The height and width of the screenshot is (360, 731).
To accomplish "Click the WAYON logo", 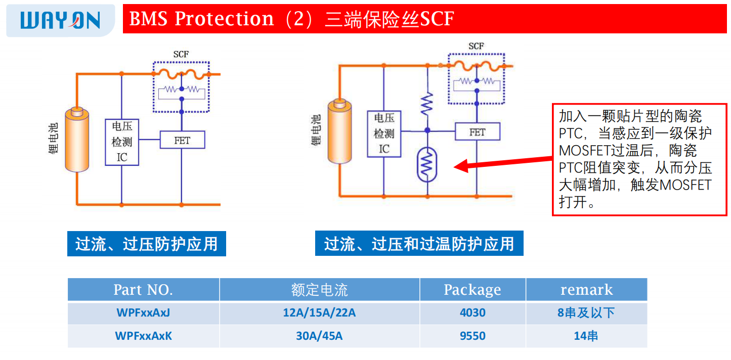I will (60, 20).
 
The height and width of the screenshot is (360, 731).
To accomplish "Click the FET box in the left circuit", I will (182, 140).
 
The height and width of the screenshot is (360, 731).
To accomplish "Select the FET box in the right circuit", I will (477, 132).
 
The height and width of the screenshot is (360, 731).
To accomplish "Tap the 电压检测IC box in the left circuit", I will (122, 142).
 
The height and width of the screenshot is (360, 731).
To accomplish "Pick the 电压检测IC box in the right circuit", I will (384, 134).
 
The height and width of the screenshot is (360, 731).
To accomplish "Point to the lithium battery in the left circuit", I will (77, 140).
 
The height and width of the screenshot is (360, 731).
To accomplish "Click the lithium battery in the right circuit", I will (339, 131).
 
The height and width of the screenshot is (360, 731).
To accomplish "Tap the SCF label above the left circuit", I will (181, 55).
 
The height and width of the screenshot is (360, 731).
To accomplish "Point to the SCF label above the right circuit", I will (476, 47).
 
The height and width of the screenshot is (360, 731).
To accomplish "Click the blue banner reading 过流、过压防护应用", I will (147, 244).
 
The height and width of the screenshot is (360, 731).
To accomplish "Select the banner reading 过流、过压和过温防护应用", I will (419, 244).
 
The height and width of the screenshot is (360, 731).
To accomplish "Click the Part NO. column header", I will (143, 290).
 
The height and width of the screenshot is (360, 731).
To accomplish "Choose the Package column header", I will (472, 290).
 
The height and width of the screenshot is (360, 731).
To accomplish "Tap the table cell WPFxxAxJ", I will (143, 313).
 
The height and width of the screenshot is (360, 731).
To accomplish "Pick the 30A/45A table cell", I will (319, 336).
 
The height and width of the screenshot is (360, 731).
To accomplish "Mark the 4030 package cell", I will (472, 313).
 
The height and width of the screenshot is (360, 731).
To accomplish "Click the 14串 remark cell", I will (586, 336).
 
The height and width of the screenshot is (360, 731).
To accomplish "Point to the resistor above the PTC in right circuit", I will (427, 104).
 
